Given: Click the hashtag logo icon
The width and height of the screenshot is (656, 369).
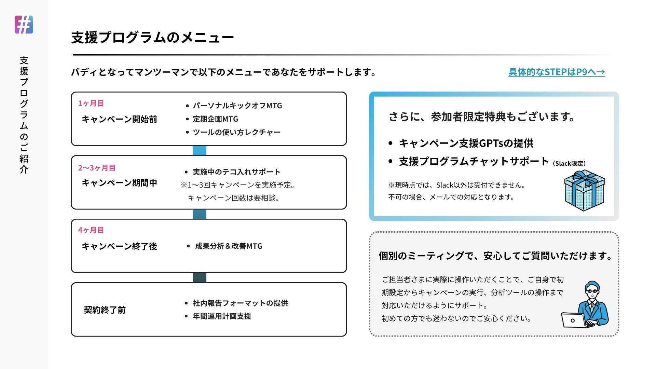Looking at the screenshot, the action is click(x=24, y=25).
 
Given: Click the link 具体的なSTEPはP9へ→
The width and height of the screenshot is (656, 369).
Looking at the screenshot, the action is click(x=557, y=72).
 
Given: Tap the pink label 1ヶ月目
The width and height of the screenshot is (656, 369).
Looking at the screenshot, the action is click(x=91, y=103).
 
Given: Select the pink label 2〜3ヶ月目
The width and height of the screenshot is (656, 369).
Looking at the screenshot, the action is click(x=97, y=168).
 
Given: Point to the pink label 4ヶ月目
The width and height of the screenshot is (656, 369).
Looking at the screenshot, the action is click(x=91, y=230).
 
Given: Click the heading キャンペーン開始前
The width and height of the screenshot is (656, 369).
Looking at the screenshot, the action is click(x=119, y=119).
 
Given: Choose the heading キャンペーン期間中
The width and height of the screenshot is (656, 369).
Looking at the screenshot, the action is click(x=119, y=183).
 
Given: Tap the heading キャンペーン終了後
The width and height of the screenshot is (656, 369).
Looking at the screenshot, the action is click(x=119, y=246).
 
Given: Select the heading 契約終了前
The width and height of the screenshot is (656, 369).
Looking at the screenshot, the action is click(x=105, y=310).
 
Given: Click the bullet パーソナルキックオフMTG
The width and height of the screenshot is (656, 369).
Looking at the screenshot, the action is click(x=237, y=106).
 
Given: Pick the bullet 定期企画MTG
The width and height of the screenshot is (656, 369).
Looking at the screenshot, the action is click(x=215, y=119).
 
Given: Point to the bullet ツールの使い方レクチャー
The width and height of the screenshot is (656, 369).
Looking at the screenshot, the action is click(x=236, y=132).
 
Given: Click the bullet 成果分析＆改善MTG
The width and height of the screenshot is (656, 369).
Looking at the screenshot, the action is click(x=229, y=246).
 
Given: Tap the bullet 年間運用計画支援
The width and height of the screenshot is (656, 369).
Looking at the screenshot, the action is click(x=222, y=316).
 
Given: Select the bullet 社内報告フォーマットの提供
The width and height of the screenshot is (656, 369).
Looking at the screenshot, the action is click(x=240, y=303).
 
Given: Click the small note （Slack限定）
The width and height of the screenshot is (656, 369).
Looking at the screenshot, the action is click(x=569, y=164).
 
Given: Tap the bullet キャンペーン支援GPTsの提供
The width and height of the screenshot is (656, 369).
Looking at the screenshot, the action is click(x=466, y=143).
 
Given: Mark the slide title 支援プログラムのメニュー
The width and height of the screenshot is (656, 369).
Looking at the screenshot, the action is click(x=152, y=37).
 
